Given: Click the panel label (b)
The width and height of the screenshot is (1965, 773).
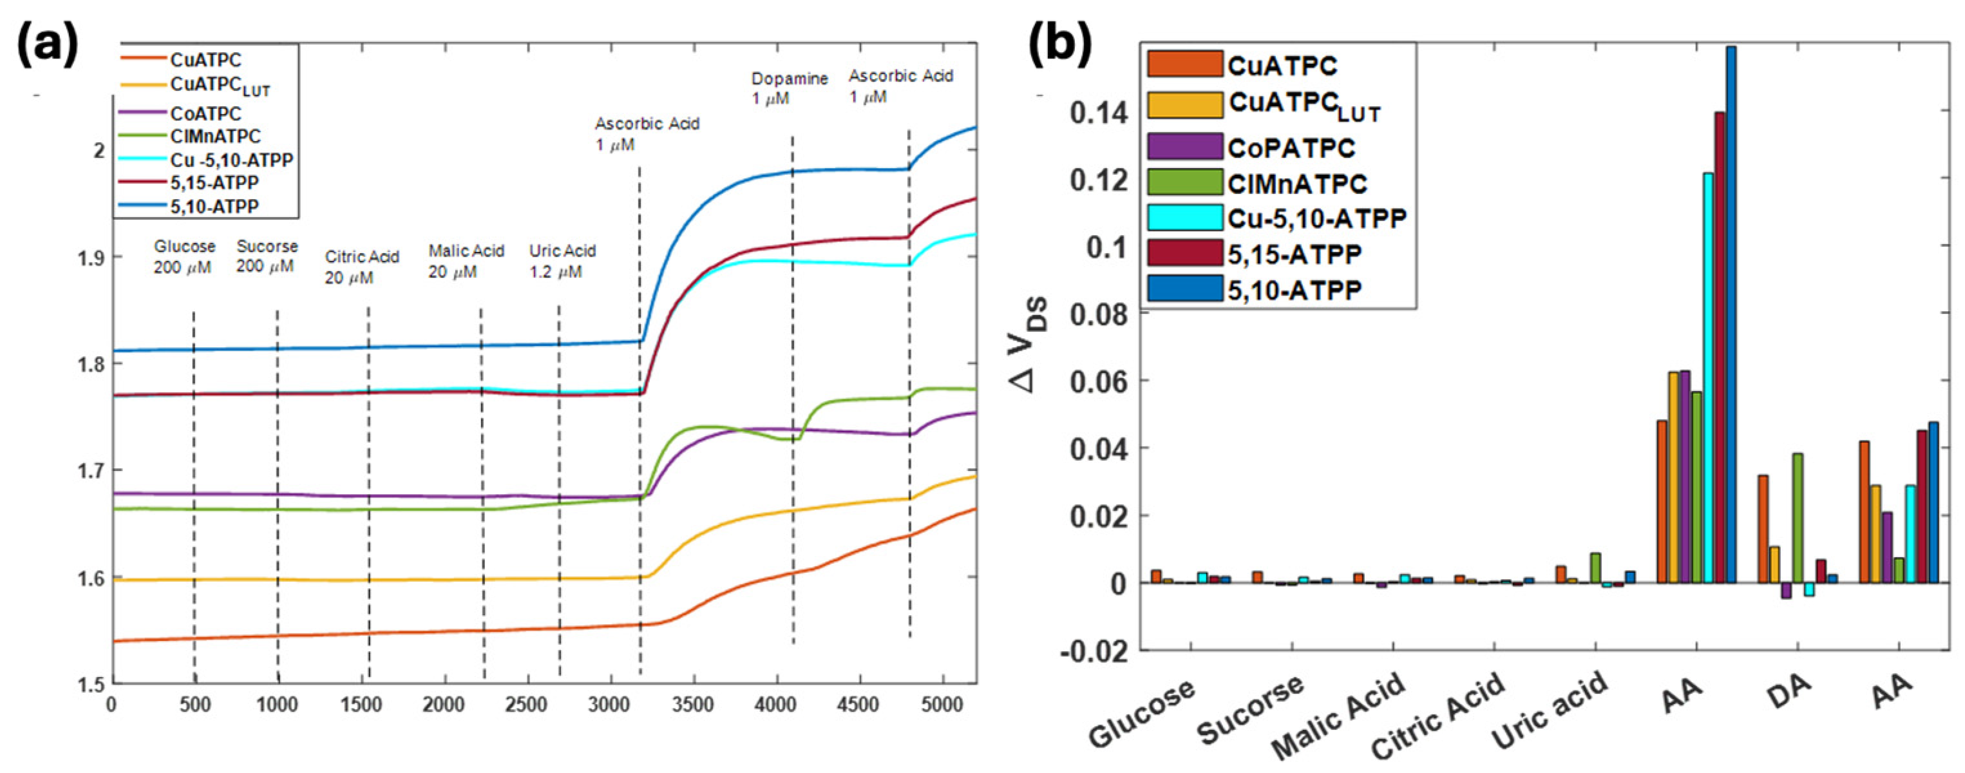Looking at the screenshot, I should coord(1060,44).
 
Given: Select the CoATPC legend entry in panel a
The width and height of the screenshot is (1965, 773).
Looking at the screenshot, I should coord(204,114).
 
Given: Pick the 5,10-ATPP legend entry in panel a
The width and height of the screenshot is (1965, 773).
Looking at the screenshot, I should coord(214,206).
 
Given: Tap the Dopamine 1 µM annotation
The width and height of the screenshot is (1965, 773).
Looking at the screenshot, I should coord(789,88).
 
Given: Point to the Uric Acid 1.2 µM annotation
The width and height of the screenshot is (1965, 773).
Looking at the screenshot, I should coord(562,261).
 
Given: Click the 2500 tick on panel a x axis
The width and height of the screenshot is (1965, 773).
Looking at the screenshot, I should coord(526,704).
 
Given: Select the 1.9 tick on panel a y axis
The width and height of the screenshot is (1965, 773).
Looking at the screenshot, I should coord(91,258).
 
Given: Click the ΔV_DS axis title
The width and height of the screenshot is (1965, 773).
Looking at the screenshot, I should coord(1030,343).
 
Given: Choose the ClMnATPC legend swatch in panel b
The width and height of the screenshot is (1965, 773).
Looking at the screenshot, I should coord(1184,183).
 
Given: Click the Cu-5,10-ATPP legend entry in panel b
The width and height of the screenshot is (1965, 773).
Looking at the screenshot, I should coord(1316,219).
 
